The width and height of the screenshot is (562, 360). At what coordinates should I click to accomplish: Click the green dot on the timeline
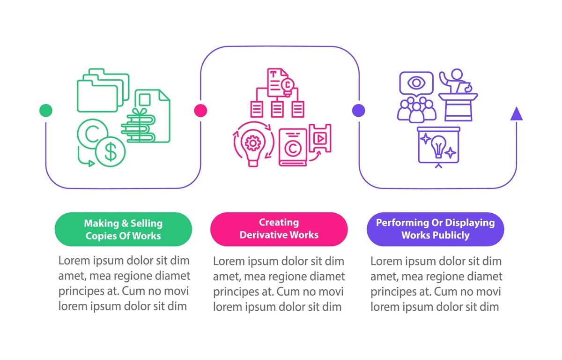tap(45, 111)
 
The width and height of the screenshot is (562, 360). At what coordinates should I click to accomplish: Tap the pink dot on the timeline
tap(200, 111)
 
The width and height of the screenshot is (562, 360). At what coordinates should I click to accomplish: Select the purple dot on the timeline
tap(358, 111)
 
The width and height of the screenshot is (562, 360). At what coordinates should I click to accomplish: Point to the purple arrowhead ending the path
tap(516, 114)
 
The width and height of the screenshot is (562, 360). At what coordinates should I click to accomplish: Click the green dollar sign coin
tap(110, 151)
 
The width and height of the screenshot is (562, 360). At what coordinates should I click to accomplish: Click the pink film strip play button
tap(320, 138)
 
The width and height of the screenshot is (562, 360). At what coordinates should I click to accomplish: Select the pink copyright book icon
tap(293, 147)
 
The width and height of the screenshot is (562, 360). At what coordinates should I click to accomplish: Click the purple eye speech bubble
tap(415, 83)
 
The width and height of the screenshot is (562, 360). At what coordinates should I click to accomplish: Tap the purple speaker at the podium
tap(458, 94)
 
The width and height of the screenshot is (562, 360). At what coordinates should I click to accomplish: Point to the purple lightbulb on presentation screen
tap(438, 147)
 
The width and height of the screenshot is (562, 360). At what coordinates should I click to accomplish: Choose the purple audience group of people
tap(417, 110)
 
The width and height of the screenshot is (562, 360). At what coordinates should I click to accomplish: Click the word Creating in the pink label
tap(279, 222)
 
